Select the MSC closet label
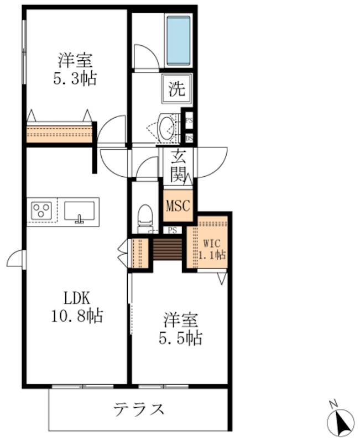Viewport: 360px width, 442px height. [x=178, y=206]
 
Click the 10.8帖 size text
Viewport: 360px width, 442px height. [x=76, y=317]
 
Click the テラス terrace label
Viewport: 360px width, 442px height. [x=139, y=409]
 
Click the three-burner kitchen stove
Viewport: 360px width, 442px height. [x=41, y=210]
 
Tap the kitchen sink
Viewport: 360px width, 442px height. [x=79, y=211]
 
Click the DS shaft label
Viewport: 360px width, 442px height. [x=189, y=138]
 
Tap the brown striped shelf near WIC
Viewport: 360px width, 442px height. [x=167, y=249]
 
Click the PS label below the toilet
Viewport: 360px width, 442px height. [x=173, y=230]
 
